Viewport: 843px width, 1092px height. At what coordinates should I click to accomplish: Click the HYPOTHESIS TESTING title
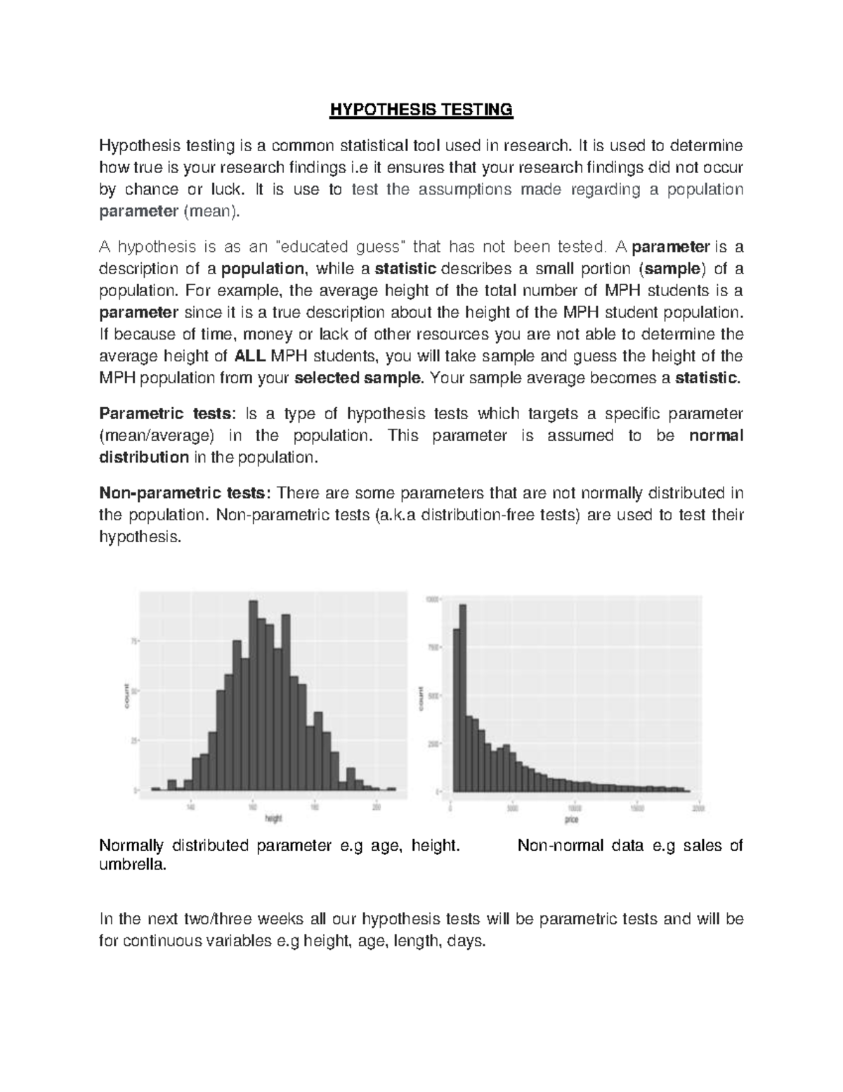click(421, 110)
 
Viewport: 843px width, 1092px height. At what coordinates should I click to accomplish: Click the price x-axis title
click(570, 820)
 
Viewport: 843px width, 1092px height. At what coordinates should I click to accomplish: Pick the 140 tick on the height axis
click(190, 807)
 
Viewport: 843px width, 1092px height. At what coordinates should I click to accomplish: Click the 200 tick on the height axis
click(377, 807)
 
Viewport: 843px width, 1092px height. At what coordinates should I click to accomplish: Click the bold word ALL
click(249, 356)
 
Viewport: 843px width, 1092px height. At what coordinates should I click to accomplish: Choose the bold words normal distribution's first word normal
click(716, 435)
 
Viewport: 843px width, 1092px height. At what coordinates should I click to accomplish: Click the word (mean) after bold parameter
click(211, 212)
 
